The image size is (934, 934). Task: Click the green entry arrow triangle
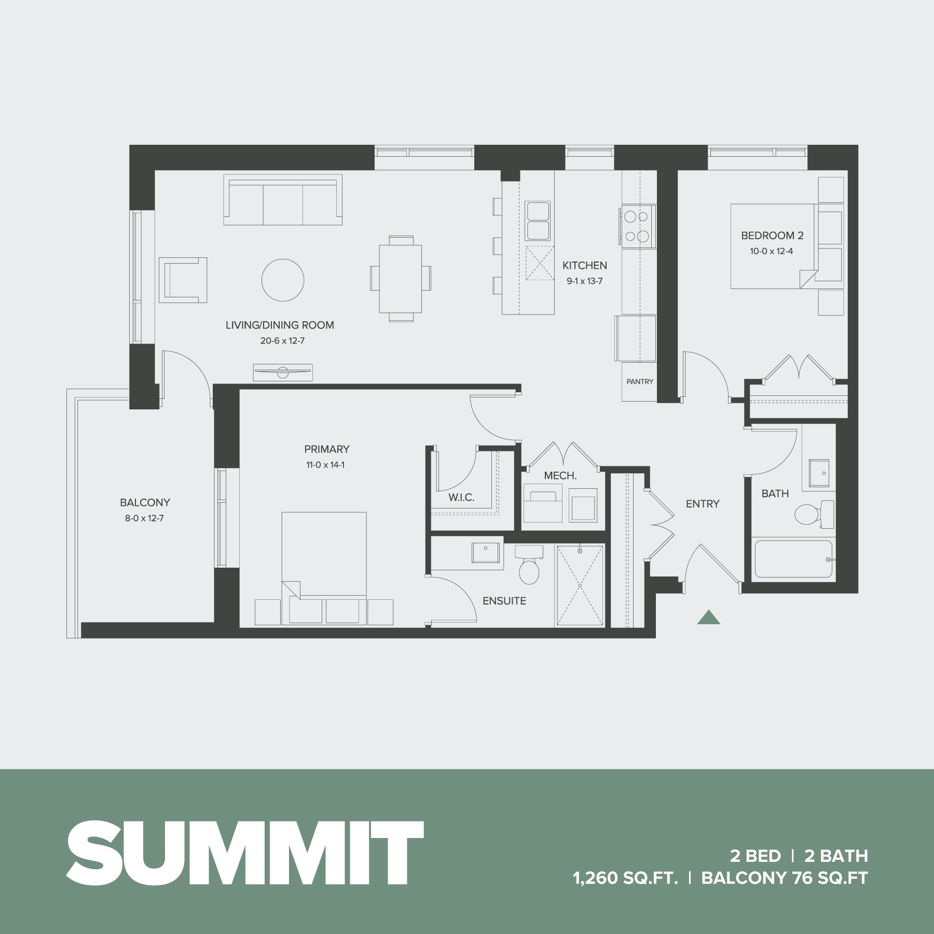coord(708,617)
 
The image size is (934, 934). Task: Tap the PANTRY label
coord(640,381)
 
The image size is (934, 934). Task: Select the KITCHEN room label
coord(584,266)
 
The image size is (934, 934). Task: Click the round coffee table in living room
coord(283,280)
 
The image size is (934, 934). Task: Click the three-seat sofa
coord(283,200)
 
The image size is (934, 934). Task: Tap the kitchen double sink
coord(538,221)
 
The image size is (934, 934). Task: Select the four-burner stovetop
coord(638,226)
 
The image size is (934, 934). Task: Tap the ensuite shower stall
coord(580,585)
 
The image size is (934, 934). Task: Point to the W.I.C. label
coord(461,498)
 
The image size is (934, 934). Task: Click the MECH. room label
coord(560,476)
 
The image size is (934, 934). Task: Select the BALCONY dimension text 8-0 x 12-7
coord(145,518)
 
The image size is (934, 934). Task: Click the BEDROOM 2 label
coord(772,236)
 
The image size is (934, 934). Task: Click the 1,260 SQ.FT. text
coord(626,878)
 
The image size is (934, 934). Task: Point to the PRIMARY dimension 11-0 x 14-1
coord(325,465)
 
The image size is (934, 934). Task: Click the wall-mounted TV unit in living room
coord(283,372)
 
